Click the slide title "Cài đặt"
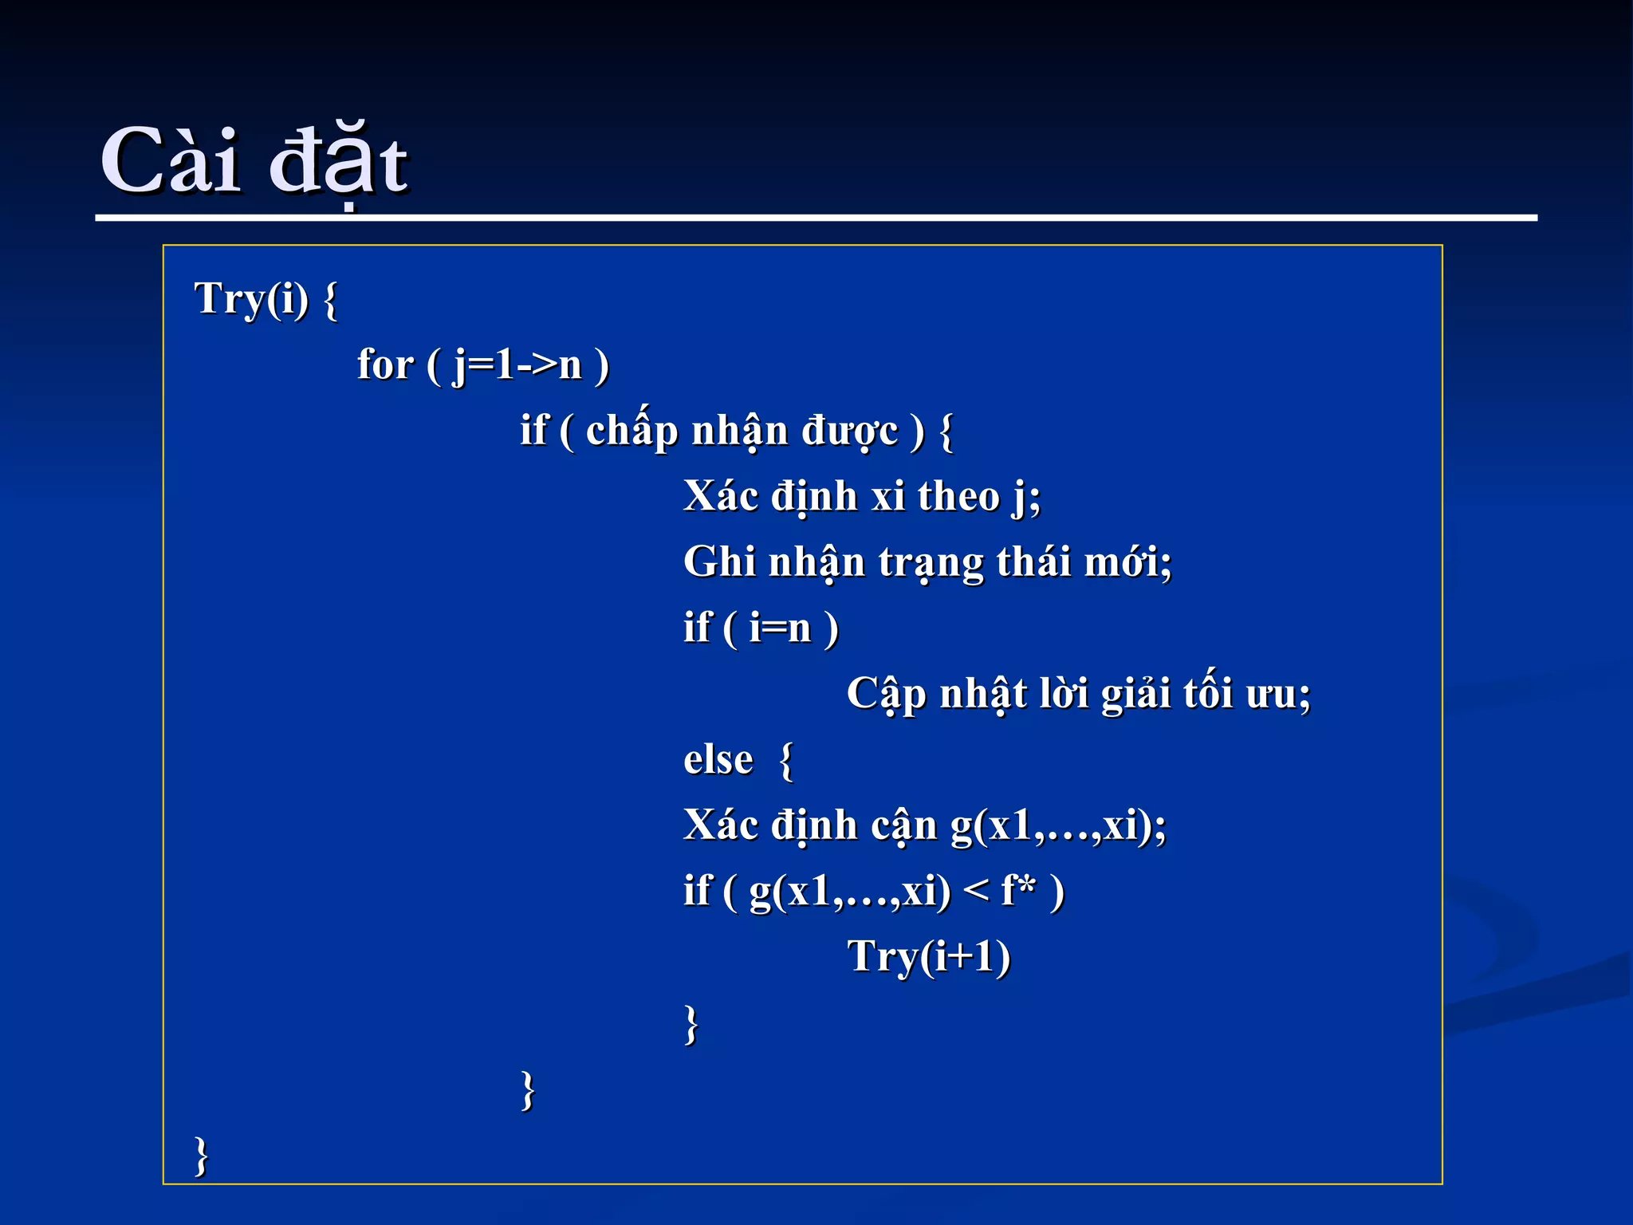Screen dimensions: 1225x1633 (254, 162)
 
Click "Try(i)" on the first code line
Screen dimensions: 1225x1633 (251, 299)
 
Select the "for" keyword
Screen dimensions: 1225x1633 (385, 365)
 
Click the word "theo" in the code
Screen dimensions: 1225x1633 (958, 497)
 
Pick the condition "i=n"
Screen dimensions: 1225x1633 (780, 628)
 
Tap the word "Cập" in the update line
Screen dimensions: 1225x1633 (886, 694)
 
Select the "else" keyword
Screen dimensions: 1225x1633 (718, 759)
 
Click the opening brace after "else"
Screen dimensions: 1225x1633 (786, 760)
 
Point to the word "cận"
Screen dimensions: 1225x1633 (904, 825)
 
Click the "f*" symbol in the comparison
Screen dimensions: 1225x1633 (1018, 890)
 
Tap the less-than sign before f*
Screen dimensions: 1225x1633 (976, 892)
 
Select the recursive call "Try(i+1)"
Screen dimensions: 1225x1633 (928, 956)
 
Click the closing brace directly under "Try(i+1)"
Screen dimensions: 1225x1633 (691, 1023)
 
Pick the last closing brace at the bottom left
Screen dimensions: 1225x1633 (202, 1156)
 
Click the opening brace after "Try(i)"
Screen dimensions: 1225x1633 (331, 300)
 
